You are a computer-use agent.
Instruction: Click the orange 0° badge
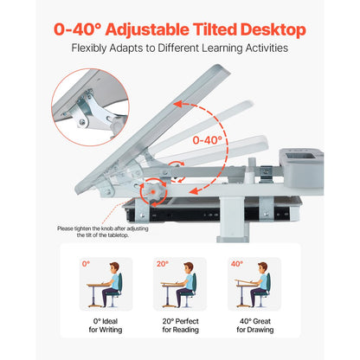[86, 263]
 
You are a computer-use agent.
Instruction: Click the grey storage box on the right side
[305, 160]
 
